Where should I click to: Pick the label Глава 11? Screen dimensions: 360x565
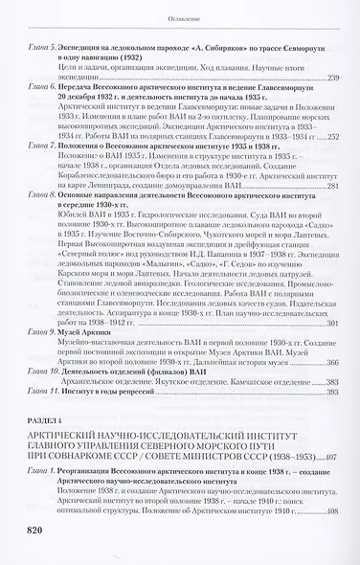click(45, 393)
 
